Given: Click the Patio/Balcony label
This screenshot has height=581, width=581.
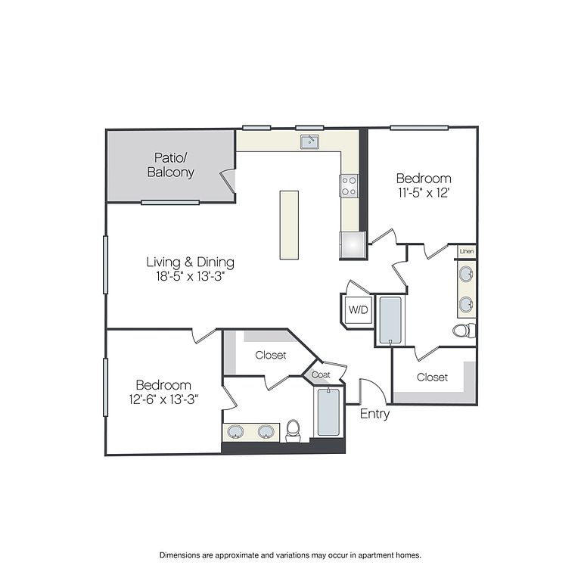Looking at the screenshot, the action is [x=170, y=165].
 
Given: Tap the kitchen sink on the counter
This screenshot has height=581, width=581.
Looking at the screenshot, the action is [x=309, y=141].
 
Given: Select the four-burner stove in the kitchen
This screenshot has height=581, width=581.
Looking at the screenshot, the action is [x=349, y=185].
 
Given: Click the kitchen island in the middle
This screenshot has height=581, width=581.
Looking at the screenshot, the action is [x=289, y=225].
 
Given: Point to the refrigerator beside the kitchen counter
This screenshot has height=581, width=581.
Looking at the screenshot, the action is [x=353, y=245].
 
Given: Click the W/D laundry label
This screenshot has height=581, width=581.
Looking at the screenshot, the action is [x=359, y=309].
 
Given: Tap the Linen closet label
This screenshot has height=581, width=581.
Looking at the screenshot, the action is [x=467, y=251].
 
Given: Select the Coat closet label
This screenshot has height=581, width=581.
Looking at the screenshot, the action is [x=321, y=374].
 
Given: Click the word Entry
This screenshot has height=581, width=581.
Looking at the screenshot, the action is [x=374, y=414].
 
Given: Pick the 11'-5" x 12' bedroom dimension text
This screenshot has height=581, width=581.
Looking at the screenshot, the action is [x=424, y=193].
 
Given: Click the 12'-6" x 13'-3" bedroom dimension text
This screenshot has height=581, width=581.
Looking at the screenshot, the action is [x=163, y=399].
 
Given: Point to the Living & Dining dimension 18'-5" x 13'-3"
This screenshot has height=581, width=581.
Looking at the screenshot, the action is [x=191, y=276].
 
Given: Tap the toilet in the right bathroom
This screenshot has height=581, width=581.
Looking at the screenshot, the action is [x=464, y=331].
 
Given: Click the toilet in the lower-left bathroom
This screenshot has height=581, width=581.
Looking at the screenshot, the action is [x=293, y=431].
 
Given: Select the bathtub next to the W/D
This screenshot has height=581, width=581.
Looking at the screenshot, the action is [x=390, y=320].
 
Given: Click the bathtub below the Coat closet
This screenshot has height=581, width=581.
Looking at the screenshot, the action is [x=328, y=412].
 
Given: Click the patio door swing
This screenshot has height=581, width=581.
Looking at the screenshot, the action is [x=227, y=182].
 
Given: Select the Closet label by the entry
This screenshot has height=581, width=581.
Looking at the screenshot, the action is [x=432, y=377].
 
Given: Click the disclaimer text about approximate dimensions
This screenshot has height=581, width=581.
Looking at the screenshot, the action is [x=290, y=555].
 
